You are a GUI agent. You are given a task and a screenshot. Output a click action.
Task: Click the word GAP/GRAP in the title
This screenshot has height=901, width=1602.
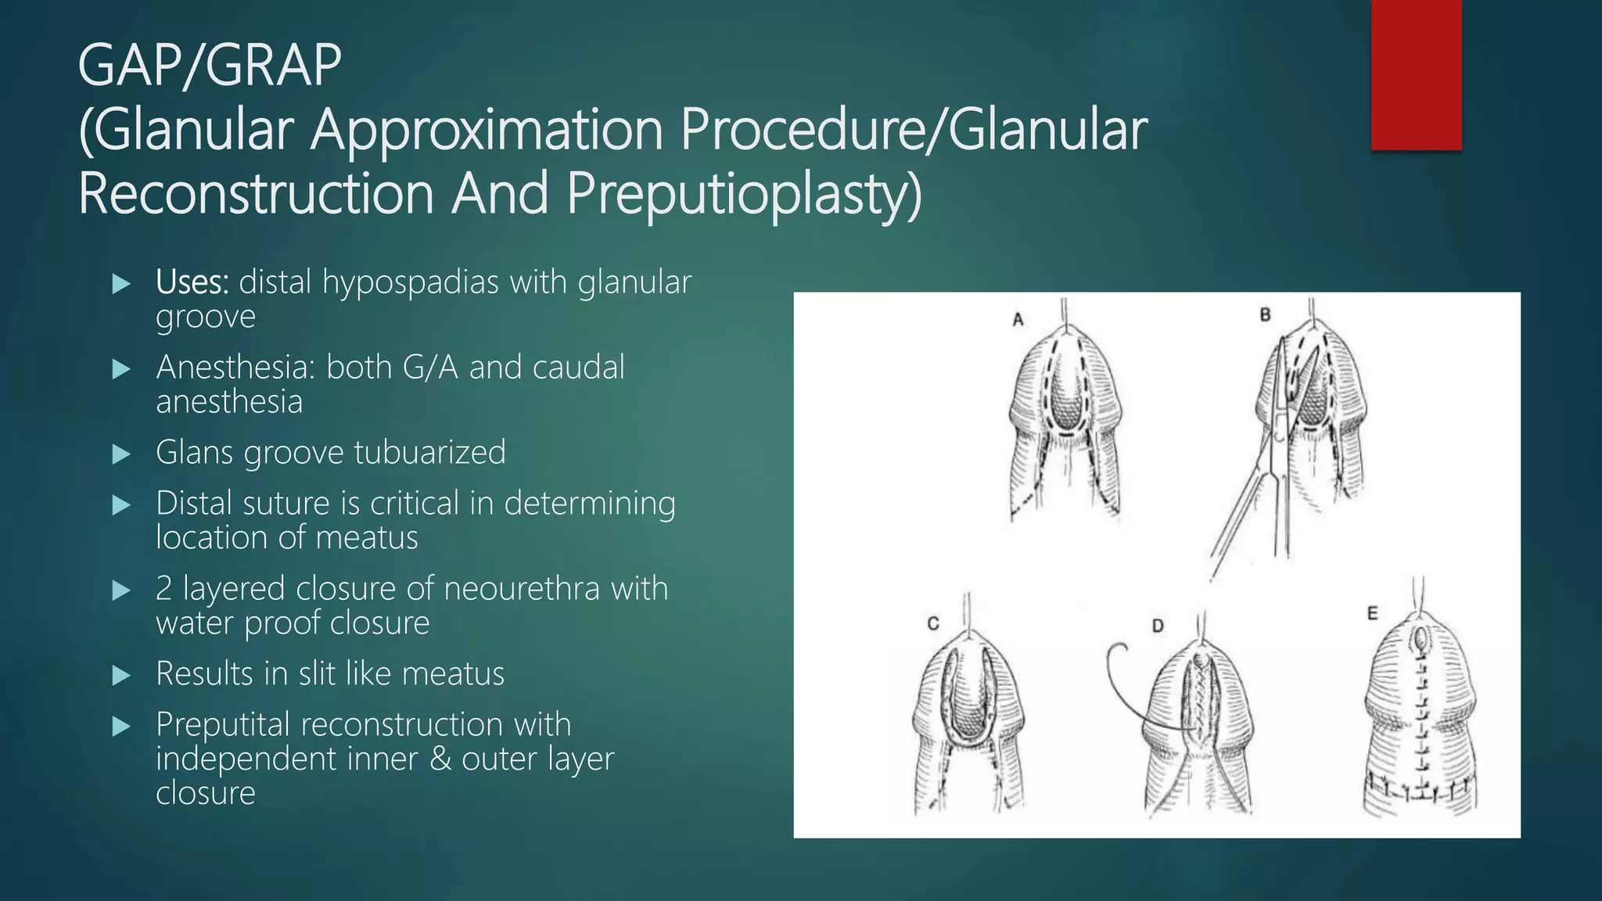[210, 66]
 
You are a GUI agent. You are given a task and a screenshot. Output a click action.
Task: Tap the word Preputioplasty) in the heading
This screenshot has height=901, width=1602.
[744, 193]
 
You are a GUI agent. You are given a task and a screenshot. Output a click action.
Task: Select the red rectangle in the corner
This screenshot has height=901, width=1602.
[1416, 75]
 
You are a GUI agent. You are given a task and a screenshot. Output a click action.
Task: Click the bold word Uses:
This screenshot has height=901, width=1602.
[192, 282]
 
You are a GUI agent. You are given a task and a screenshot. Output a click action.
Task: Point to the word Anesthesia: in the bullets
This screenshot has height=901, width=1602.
[235, 368]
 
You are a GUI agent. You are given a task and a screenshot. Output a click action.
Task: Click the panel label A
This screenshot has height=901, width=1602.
[1018, 320]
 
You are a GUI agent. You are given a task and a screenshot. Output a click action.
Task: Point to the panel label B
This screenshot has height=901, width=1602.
[1265, 315]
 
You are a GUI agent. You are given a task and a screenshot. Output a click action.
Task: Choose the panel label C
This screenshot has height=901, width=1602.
[932, 624]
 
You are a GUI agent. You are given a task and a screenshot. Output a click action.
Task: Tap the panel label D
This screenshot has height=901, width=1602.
[1158, 626]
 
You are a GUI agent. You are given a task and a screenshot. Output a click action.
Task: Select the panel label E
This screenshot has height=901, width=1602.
[1372, 614]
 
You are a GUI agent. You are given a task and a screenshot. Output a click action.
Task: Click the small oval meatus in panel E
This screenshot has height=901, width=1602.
[1420, 641]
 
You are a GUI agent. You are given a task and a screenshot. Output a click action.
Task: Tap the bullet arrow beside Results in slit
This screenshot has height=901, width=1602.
[121, 675]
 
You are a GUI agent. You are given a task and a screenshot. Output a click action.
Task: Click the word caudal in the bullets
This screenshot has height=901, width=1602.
[578, 368]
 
